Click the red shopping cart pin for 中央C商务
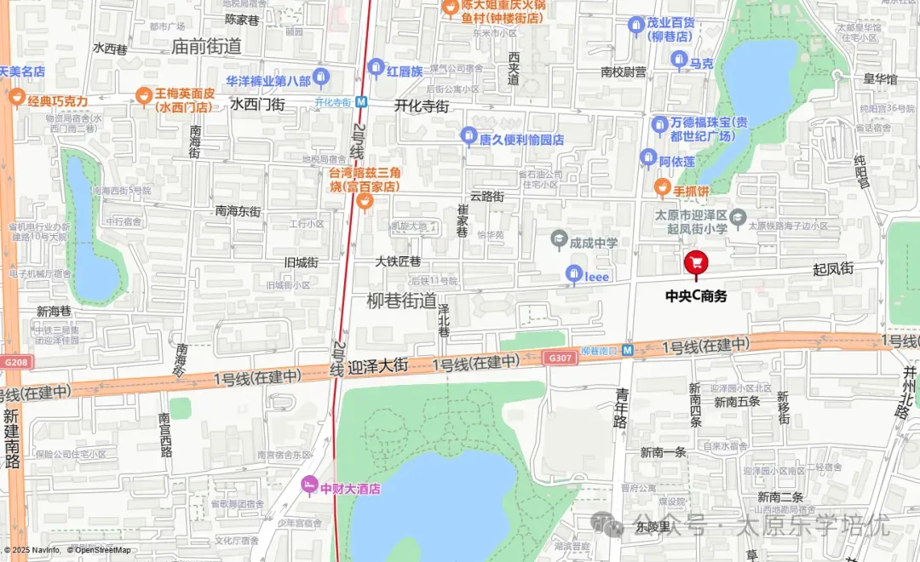pyautogui.click(x=696, y=262)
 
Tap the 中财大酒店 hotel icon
pyautogui.click(x=309, y=488)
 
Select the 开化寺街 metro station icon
pyautogui.click(x=362, y=101)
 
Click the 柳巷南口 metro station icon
pyautogui.click(x=627, y=350)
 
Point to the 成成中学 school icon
pyautogui.click(x=559, y=243)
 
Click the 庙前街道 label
pyautogui.click(x=206, y=46)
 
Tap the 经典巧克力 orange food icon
pyautogui.click(x=16, y=99)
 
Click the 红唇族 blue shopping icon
pyautogui.click(x=376, y=67)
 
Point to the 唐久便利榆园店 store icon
pyautogui.click(x=468, y=135)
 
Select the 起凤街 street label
pyautogui.click(x=832, y=269)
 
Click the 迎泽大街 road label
pyautogui.click(x=378, y=366)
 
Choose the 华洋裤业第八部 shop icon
pyautogui.click(x=320, y=79)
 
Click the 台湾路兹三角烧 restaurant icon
pyautogui.click(x=365, y=201)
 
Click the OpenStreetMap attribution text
pyautogui.click(x=103, y=551)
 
